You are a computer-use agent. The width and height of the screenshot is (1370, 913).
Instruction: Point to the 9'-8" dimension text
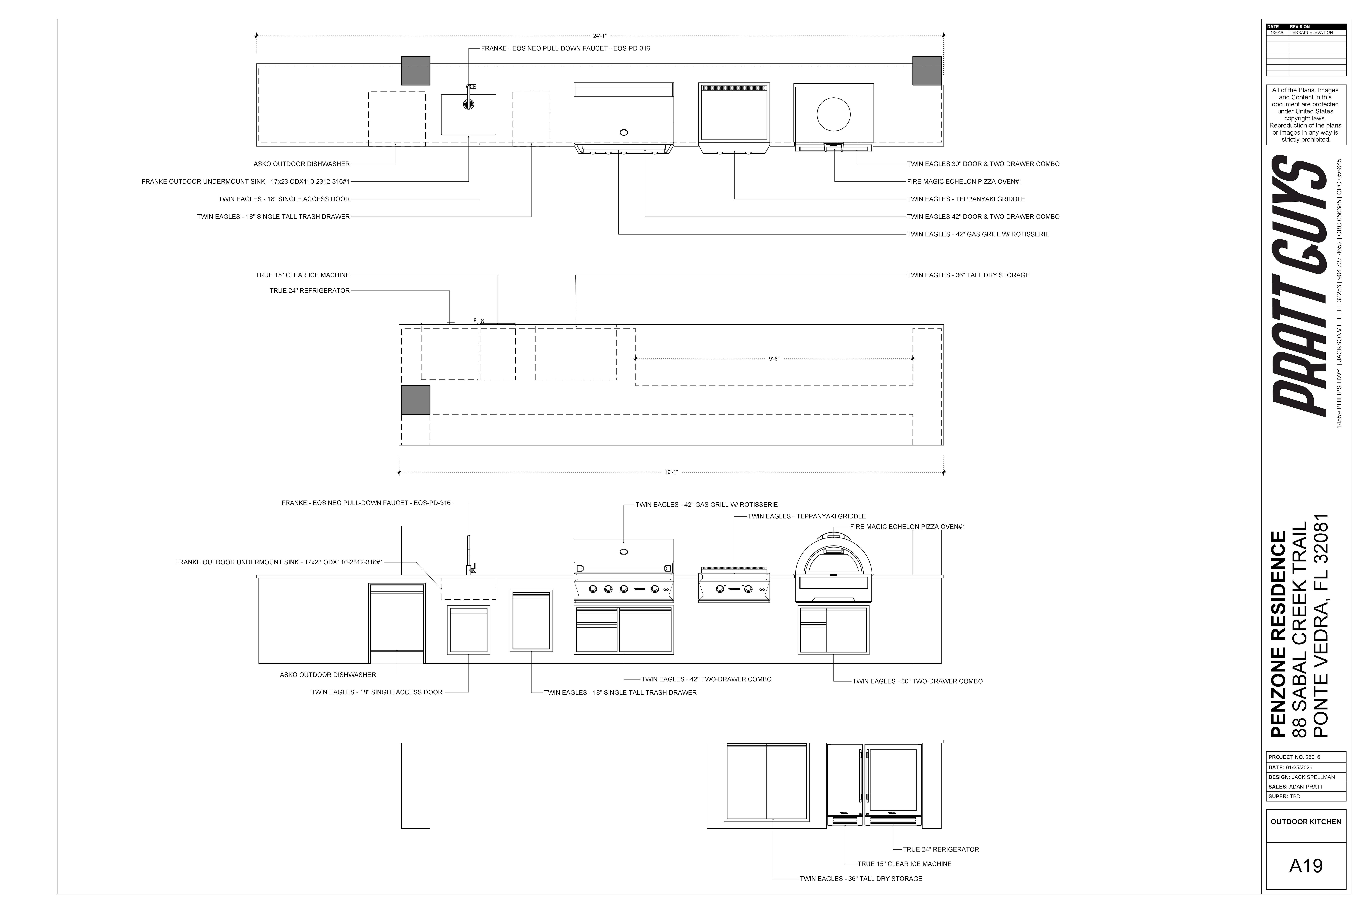[x=773, y=359]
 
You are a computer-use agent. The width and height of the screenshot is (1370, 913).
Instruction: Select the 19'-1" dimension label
[x=671, y=472]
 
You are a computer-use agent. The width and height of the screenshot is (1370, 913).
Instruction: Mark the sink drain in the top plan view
[x=468, y=104]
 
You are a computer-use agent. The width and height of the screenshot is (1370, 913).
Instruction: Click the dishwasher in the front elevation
[x=397, y=623]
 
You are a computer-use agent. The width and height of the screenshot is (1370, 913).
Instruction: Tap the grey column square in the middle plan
[x=415, y=400]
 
